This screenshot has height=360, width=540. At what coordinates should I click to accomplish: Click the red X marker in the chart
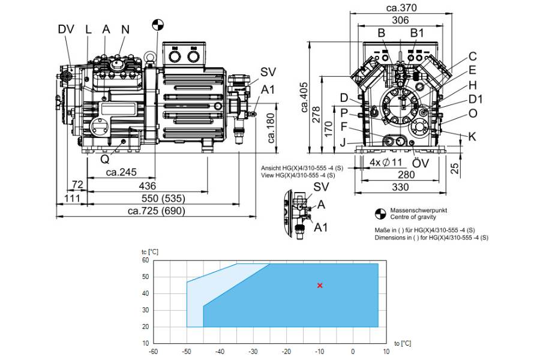pyautogui.click(x=320, y=285)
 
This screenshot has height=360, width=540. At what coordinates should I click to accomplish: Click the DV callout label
pyautogui.click(x=66, y=29)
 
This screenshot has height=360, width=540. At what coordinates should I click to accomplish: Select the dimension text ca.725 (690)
pyautogui.click(x=157, y=211)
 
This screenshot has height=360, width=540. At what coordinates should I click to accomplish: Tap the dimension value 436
pyautogui.click(x=147, y=186)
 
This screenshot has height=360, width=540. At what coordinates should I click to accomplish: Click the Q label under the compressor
pyautogui.click(x=104, y=159)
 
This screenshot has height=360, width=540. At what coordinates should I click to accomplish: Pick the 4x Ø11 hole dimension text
pyautogui.click(x=386, y=162)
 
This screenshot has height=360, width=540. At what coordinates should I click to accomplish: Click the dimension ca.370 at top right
pyautogui.click(x=401, y=8)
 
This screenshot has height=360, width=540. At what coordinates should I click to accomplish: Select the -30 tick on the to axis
pyautogui.click(x=253, y=352)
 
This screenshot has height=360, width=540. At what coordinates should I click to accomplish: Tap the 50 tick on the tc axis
pyautogui.click(x=146, y=277)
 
